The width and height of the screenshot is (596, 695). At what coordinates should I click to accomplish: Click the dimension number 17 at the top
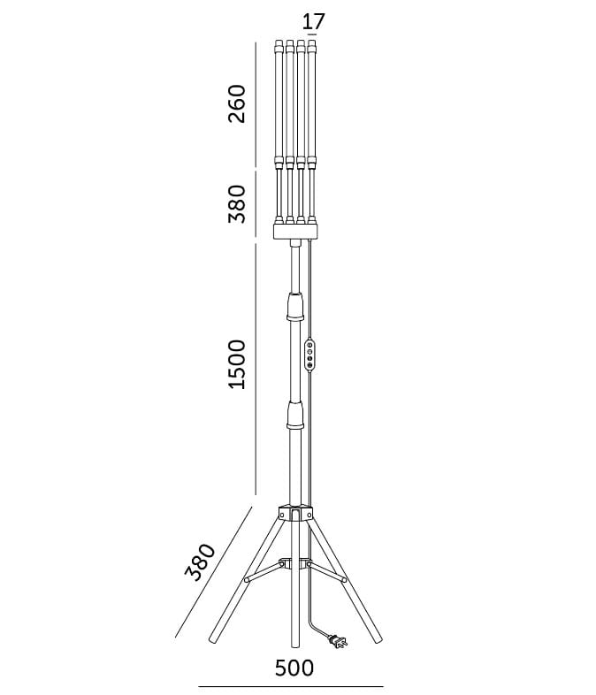click(313, 21)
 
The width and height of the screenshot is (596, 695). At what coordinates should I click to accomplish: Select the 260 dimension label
click(236, 103)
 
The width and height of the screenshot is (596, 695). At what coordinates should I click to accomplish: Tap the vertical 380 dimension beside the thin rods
click(236, 204)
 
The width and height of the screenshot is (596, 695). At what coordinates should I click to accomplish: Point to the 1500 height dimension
click(236, 364)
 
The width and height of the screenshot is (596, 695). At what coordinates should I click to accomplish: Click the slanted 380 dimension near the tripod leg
click(200, 561)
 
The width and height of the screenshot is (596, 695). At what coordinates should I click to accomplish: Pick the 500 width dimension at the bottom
click(294, 668)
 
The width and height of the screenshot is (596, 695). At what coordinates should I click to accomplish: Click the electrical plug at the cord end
click(338, 641)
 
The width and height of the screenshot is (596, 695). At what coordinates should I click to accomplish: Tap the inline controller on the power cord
click(309, 356)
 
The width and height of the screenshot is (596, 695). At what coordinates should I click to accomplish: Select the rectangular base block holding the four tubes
click(295, 232)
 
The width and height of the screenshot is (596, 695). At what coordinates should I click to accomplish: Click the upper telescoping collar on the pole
click(295, 306)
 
